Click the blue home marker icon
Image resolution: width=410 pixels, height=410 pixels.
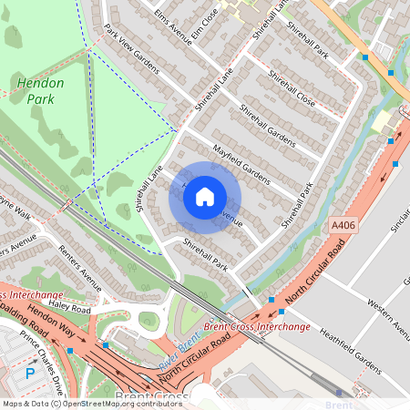pyautogui.click(x=205, y=197)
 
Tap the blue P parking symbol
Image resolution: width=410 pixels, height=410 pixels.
pyautogui.click(x=30, y=373)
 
